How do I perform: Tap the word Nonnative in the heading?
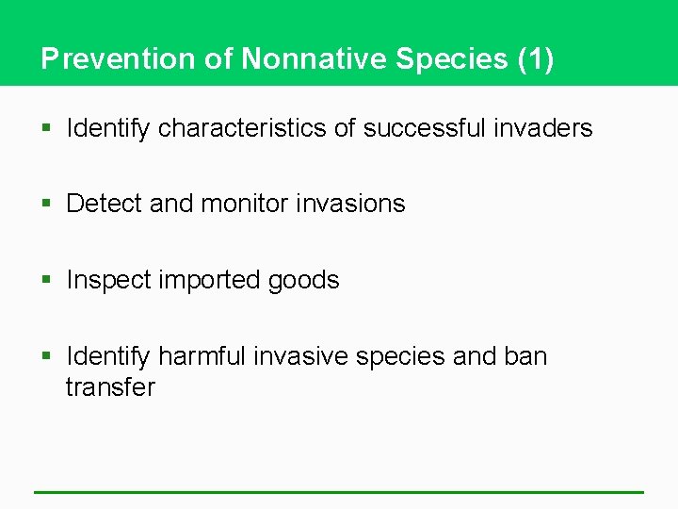312,58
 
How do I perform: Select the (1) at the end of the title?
536,58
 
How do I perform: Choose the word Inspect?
107,280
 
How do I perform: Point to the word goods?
304,280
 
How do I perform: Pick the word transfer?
110,387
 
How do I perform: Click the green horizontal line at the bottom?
339,492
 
